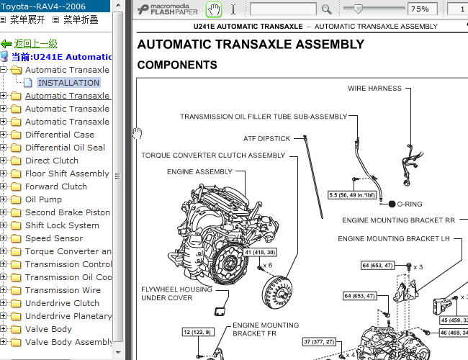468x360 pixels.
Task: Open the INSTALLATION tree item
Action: click(x=68, y=83)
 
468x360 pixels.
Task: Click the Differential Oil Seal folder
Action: click(x=65, y=148)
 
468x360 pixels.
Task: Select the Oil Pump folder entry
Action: click(x=44, y=199)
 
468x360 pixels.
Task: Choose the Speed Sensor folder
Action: click(x=54, y=238)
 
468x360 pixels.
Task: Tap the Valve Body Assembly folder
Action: click(x=68, y=342)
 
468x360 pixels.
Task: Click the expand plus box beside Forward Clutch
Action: click(x=3, y=186)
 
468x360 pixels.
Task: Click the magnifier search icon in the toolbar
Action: click(x=327, y=9)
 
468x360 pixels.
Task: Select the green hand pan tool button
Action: click(x=214, y=9)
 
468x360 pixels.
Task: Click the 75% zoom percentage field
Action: click(x=423, y=9)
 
